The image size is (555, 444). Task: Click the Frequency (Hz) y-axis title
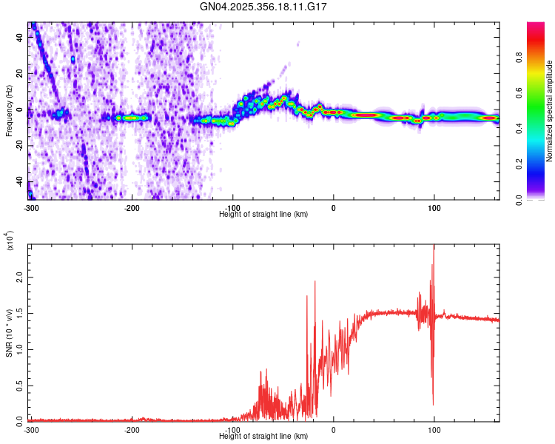pos(9,111)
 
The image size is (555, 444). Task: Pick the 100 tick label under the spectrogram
pos(434,206)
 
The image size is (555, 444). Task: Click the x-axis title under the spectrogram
pos(264,214)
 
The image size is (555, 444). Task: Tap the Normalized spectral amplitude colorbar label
pos(549,111)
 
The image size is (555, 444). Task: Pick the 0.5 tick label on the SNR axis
pos(20,385)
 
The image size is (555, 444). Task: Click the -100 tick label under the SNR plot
pos(233,429)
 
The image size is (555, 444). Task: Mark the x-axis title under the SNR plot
pos(264,437)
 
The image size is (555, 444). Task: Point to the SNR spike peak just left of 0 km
pos(315,282)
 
